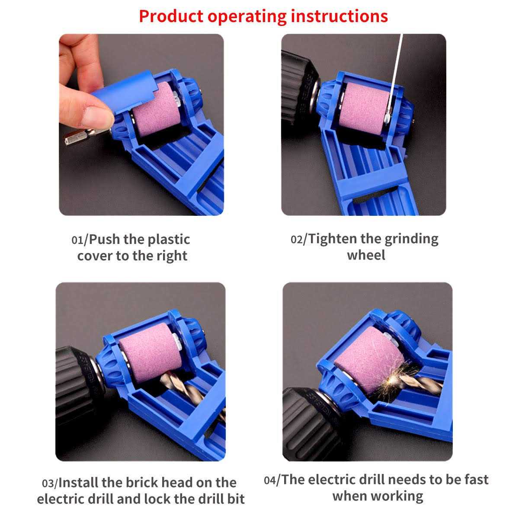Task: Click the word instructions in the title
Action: coord(339,16)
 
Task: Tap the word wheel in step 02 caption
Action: coord(366,255)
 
